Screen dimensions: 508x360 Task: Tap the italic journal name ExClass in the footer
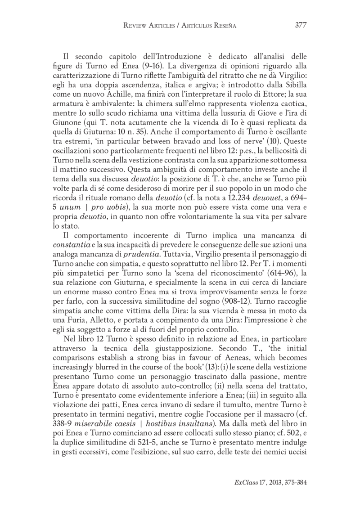tap(245, 481)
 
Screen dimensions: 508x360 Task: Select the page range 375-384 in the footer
tap(292, 481)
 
